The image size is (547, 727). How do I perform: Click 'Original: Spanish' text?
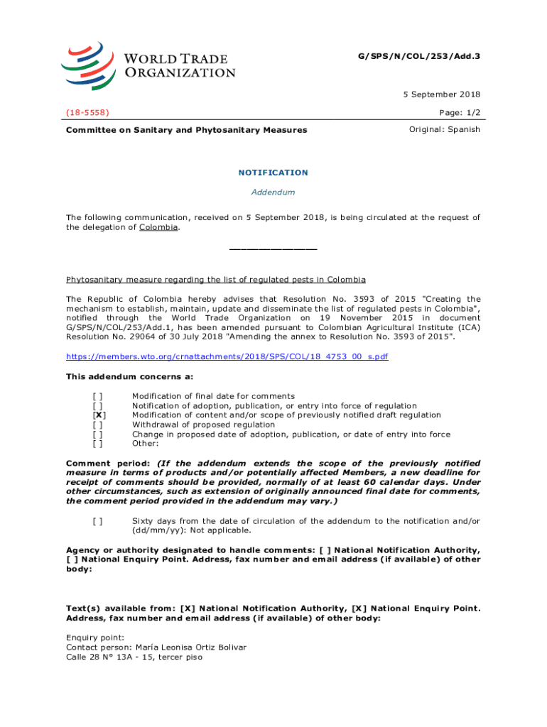[x=445, y=129]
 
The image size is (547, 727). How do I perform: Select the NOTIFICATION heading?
[x=273, y=173]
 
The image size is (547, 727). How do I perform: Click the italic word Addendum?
[x=273, y=192]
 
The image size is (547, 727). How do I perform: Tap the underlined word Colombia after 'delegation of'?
[x=158, y=227]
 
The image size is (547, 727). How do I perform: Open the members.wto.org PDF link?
[x=227, y=356]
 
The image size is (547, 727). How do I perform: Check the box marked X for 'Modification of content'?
[x=99, y=415]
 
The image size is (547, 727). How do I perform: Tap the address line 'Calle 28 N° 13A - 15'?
[x=134, y=657]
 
